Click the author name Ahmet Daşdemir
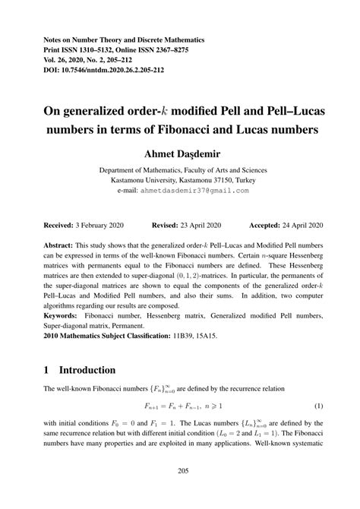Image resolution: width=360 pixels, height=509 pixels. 180,155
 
